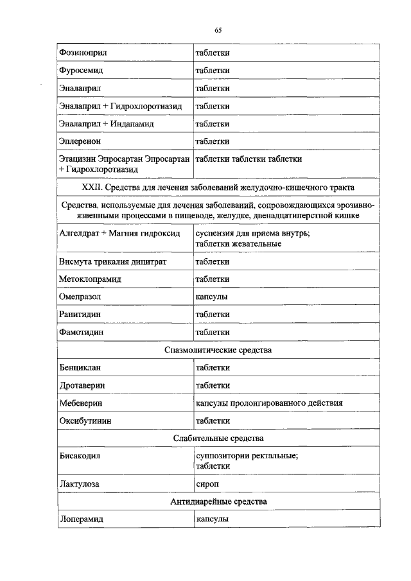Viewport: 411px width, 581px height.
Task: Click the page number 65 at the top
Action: (218, 30)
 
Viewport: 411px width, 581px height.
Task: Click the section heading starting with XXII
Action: (218, 187)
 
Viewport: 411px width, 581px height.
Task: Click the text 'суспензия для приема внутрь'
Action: (252, 233)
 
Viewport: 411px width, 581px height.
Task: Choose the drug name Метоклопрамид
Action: (90, 280)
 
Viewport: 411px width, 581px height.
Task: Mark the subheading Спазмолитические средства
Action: (218, 350)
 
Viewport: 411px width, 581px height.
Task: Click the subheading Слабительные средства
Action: (218, 438)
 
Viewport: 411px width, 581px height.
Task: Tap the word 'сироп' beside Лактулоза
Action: (207, 483)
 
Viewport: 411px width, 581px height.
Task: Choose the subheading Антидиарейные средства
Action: (218, 501)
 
